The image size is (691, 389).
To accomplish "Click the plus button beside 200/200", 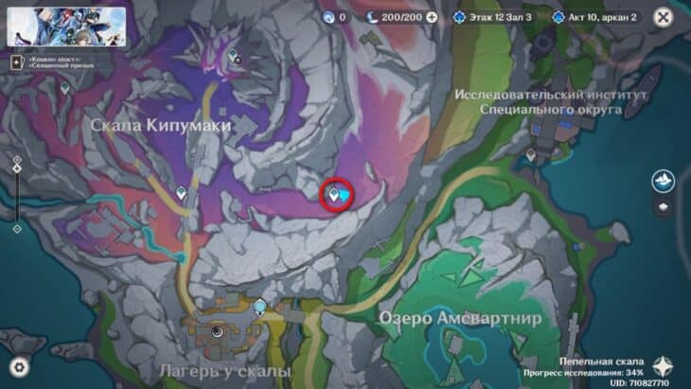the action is click(x=433, y=17).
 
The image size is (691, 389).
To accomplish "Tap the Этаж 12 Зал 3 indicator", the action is click(x=494, y=17).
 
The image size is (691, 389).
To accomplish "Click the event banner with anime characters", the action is click(x=66, y=27).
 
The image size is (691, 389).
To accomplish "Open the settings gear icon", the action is click(x=20, y=367).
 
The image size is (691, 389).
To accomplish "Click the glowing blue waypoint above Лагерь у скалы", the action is click(x=260, y=305).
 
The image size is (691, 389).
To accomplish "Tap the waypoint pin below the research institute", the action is click(x=531, y=154).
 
